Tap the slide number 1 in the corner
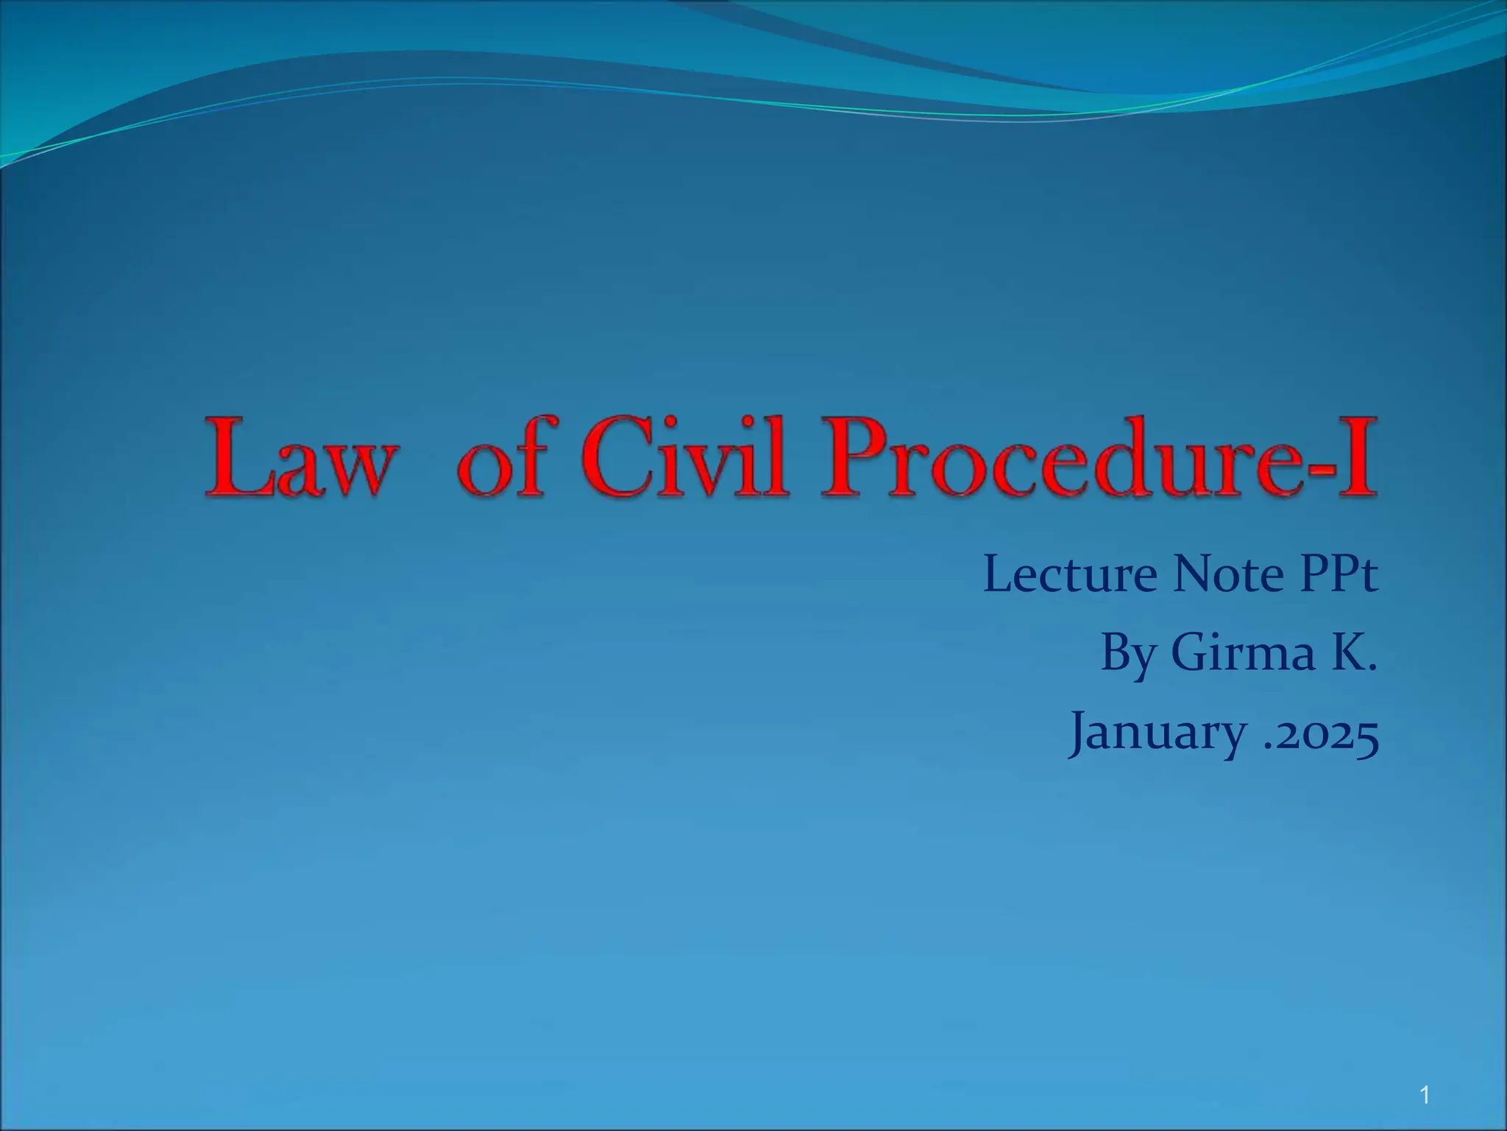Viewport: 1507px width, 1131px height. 1425,1096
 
